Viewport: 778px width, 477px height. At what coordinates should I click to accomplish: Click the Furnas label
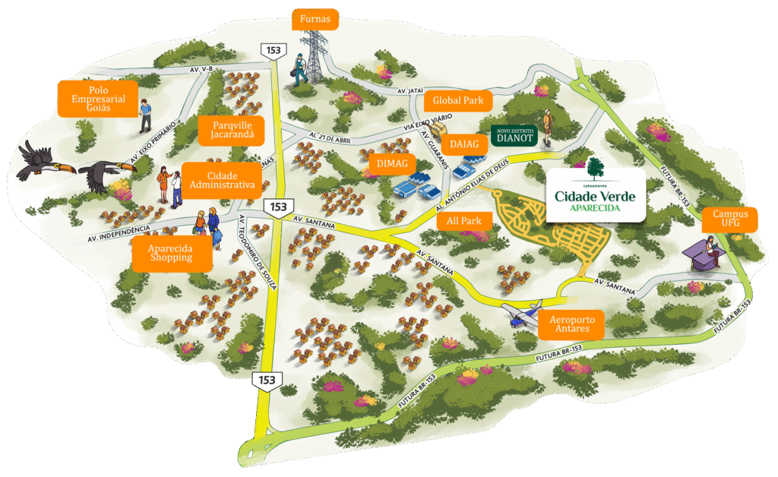pos(315,18)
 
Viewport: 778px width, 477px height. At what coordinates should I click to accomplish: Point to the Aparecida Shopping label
pos(171,253)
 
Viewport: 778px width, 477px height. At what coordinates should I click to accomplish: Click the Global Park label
pos(458,101)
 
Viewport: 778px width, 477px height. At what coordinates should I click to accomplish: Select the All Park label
pos(464,221)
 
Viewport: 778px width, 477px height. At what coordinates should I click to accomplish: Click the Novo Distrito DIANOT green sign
pos(515,134)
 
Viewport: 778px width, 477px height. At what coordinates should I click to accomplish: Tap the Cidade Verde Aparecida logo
pos(596,194)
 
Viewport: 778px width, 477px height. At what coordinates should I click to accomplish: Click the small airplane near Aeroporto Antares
pos(520,314)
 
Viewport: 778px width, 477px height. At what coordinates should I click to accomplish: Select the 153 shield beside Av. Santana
pos(279,207)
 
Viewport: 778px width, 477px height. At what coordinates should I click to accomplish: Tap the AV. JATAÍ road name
pos(410,90)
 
